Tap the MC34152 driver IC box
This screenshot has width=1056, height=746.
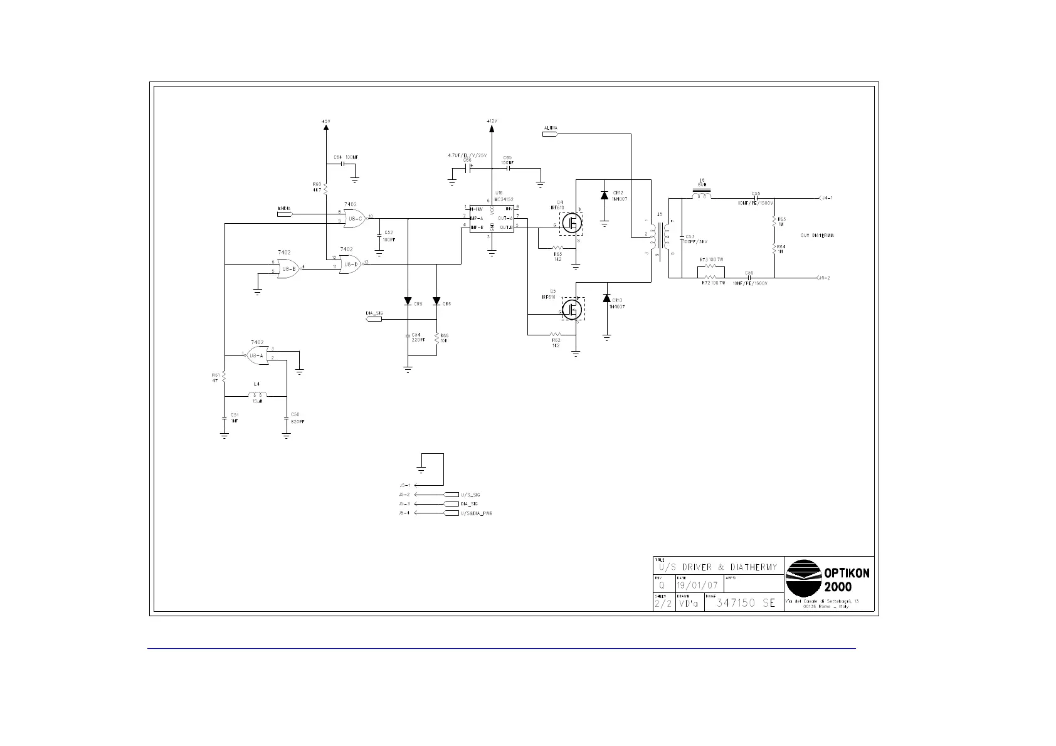[492, 218]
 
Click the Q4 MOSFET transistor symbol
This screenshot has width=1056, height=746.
[571, 223]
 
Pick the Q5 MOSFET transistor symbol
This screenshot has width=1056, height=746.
[571, 309]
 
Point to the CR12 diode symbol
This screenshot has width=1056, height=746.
[605, 196]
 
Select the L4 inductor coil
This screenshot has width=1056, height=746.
[257, 395]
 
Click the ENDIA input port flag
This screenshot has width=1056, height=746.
[285, 214]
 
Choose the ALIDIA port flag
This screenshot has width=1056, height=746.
[549, 133]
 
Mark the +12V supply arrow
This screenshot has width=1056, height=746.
[491, 129]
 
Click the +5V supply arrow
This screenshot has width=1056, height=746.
[325, 127]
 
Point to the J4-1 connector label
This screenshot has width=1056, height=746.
[826, 198]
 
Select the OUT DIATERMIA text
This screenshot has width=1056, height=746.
[817, 236]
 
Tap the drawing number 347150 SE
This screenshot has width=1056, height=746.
[746, 603]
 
